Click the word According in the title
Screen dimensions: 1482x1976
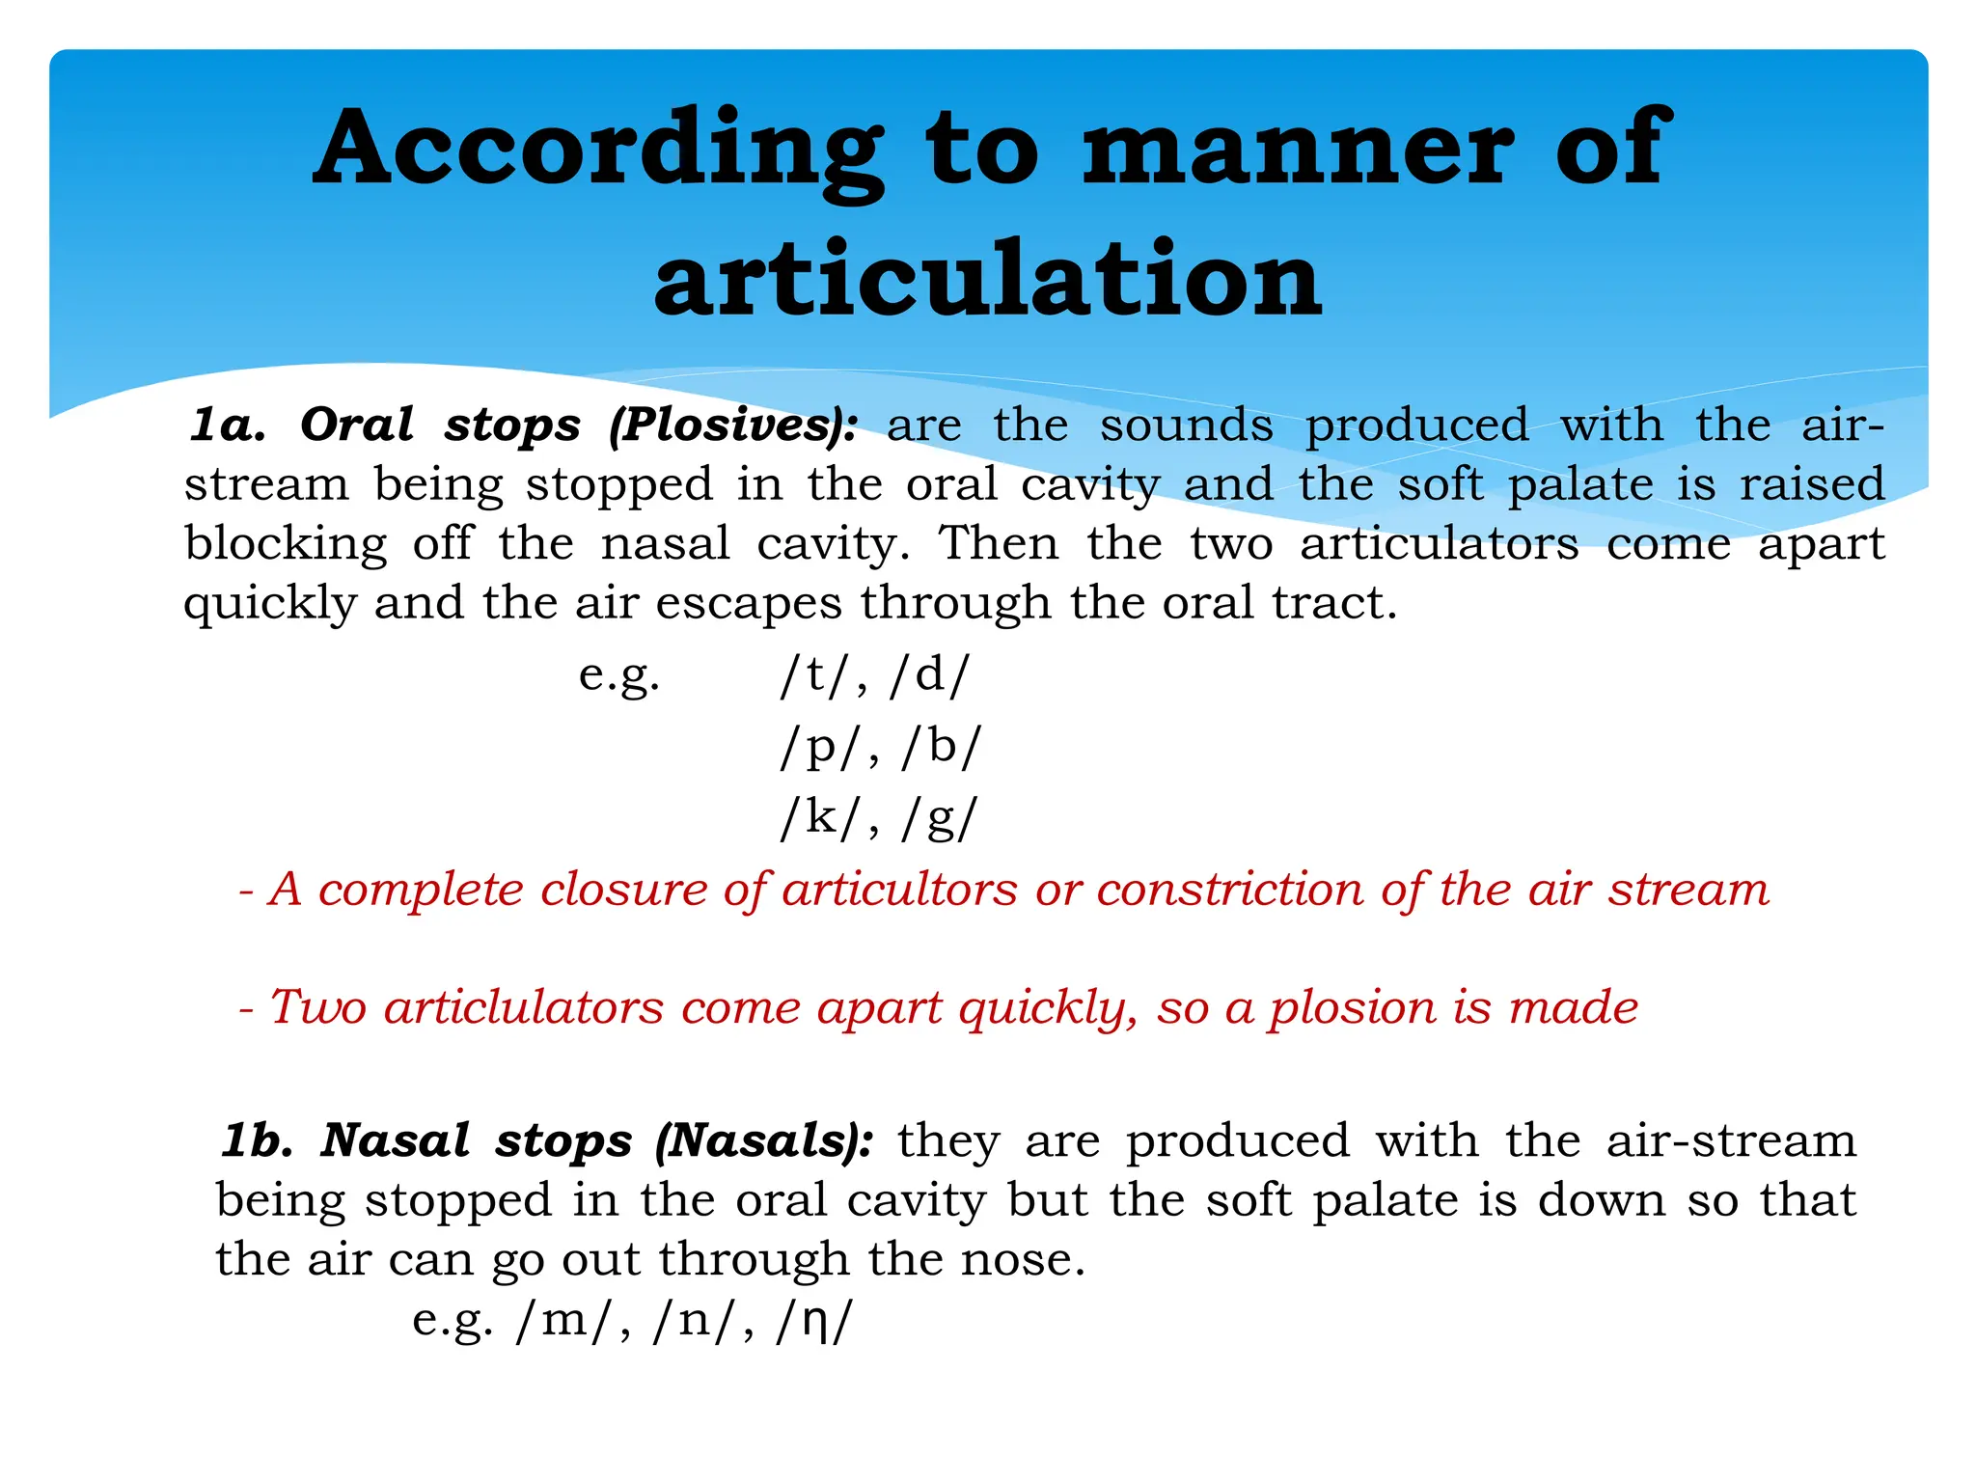(598, 150)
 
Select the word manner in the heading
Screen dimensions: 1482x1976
(1298, 150)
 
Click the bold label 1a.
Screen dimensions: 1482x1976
(228, 425)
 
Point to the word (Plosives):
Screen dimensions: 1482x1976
(733, 425)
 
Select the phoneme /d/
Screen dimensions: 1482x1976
(929, 674)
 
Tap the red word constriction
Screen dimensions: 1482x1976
(1229, 890)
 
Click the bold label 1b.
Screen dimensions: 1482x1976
(258, 1140)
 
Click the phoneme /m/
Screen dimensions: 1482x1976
(565, 1320)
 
